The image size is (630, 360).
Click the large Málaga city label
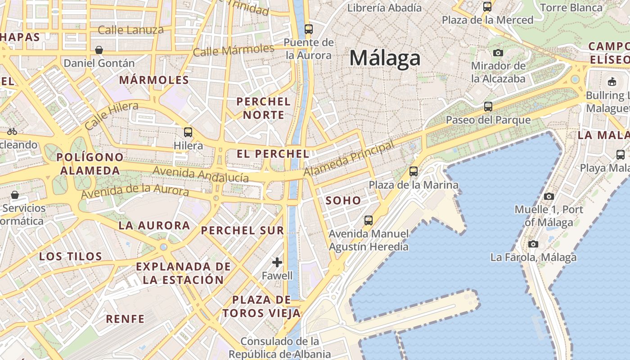[x=385, y=58]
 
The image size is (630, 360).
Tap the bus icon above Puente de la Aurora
[x=308, y=29]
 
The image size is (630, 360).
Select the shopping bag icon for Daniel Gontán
[x=99, y=49]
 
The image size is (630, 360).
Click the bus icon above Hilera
[x=188, y=132]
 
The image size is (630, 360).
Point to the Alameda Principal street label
[x=349, y=158]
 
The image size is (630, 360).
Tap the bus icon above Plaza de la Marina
[x=413, y=171]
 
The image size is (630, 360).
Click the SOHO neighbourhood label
[x=343, y=201]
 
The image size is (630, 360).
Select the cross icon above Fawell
[x=277, y=262]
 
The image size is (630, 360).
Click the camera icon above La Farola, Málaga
[x=533, y=244]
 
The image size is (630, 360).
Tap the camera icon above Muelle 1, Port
[x=549, y=196]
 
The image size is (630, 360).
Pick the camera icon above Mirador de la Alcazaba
[x=498, y=53]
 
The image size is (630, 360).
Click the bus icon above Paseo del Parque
[x=488, y=107]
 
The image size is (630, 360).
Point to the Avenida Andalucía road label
[x=201, y=174]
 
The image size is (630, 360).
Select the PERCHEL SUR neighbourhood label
[x=243, y=231]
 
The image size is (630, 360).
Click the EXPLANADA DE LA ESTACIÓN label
[x=183, y=273]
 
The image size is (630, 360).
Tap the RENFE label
[x=125, y=319]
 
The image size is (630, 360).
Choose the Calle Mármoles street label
[x=233, y=50]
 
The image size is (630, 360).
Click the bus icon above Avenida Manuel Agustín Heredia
[x=369, y=220]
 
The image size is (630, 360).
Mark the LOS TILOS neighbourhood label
[x=71, y=256]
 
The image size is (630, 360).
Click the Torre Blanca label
[x=571, y=8]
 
